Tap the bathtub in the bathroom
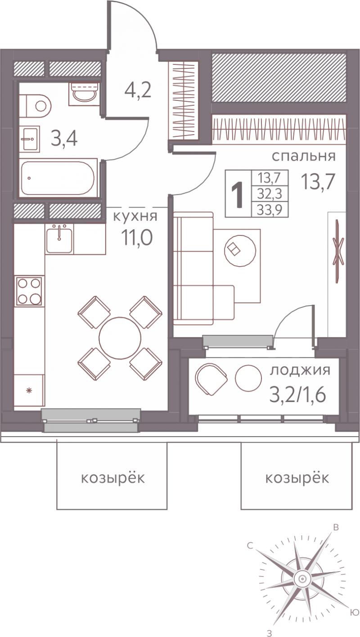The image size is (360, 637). point(58,178)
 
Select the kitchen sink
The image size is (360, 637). point(59,238)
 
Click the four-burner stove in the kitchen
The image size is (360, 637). point(29,291)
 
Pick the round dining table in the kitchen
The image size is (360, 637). point(120,338)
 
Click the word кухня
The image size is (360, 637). point(135,217)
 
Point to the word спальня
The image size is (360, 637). point(304,157)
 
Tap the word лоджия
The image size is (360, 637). point(300,371)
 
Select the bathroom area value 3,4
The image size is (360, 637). point(64,139)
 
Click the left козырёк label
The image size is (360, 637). point(113,478)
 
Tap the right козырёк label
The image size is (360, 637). point(297,478)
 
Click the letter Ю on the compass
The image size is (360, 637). point(354,610)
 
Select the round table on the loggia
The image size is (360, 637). point(248,378)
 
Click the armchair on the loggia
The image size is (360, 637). point(211,379)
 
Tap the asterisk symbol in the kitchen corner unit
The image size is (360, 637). point(28,391)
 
